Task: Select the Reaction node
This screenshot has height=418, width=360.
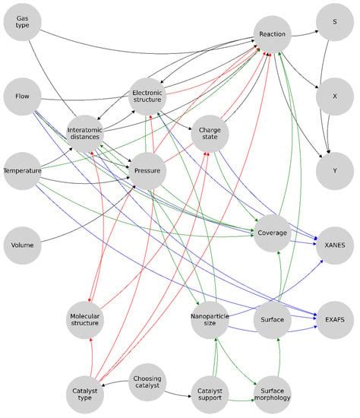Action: (272, 35)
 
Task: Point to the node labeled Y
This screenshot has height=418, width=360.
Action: (334, 170)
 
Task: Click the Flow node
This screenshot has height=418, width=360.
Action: (22, 97)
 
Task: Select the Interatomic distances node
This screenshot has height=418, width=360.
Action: (85, 135)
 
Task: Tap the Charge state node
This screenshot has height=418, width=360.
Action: (210, 134)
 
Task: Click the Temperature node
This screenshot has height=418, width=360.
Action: (22, 171)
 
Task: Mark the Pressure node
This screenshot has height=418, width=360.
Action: (147, 171)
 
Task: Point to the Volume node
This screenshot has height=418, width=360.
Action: (22, 245)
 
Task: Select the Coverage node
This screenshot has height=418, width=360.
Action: (272, 233)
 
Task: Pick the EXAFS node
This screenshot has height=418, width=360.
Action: (334, 320)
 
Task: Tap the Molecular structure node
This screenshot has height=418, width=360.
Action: (85, 320)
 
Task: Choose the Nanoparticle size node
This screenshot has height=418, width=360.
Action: (210, 320)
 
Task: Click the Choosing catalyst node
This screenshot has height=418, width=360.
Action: (147, 382)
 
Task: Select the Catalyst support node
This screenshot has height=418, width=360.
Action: (210, 394)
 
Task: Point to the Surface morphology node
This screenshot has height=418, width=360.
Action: (272, 394)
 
